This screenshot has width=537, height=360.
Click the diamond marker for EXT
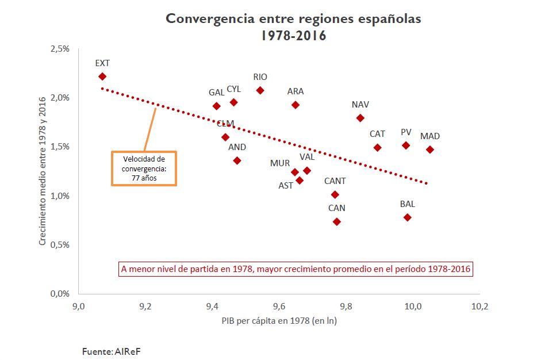[x=102, y=76]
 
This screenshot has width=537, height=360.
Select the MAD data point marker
[x=430, y=150]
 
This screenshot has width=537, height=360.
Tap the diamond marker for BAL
[x=408, y=217]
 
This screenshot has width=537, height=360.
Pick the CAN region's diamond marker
[x=337, y=222]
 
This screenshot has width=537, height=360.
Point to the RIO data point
[x=260, y=90]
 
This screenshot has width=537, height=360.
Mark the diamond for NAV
[x=360, y=118]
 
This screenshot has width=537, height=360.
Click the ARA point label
[x=296, y=91]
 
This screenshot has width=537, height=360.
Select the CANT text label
[x=335, y=181]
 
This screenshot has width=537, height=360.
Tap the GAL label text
[x=217, y=93]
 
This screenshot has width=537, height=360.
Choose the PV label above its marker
[x=406, y=132]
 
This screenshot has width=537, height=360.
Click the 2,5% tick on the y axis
[x=60, y=49]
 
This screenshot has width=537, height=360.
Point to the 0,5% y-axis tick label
[x=60, y=244]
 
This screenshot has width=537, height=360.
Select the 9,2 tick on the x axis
[x=145, y=307]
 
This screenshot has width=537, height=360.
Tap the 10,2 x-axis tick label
[x=479, y=307]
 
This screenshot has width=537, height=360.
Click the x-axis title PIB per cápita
[x=279, y=321]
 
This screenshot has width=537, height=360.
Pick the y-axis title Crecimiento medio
[x=42, y=171]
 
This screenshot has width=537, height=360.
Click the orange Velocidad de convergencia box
[x=143, y=168]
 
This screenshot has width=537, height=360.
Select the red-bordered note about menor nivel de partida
[x=296, y=269]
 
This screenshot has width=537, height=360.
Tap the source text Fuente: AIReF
[x=112, y=351]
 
